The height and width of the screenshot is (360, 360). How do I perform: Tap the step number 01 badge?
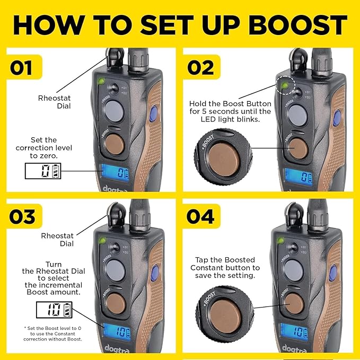24,67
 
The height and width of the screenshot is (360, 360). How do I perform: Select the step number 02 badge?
201,67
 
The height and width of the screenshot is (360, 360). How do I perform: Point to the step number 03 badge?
24,216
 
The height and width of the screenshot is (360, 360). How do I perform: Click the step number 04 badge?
201,216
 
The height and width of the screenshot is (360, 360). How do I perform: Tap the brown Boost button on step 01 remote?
114,144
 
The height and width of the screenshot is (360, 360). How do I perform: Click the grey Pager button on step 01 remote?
114,111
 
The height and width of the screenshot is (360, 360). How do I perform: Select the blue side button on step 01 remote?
154,113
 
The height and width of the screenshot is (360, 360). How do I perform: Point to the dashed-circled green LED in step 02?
285,86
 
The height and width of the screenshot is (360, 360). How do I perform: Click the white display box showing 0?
43,171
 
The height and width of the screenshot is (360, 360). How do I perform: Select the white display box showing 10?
54,310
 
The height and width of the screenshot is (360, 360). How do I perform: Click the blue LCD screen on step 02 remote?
298,177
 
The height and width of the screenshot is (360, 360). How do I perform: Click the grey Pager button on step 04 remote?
293,270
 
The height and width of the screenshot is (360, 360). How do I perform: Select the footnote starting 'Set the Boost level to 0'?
52,333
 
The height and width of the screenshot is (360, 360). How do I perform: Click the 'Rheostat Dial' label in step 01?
55,102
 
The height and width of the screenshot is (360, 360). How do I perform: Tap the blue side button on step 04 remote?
333,273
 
